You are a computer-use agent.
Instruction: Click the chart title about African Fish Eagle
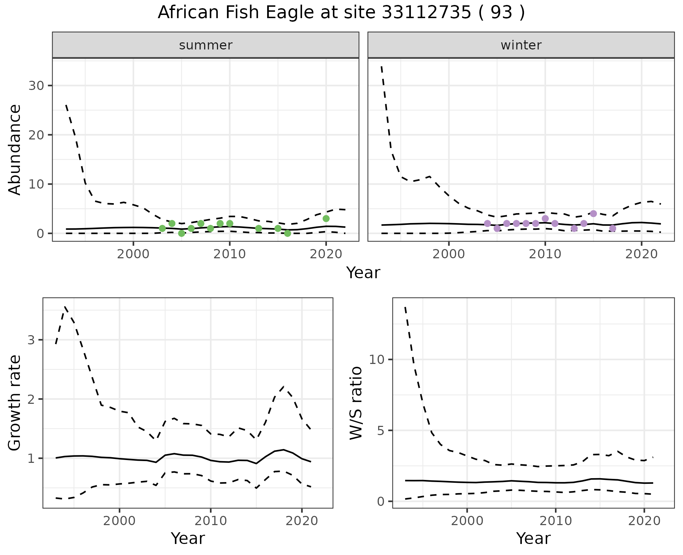tap(341, 13)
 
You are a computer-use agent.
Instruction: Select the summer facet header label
tap(206, 45)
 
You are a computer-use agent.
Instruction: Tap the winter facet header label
tap(521, 45)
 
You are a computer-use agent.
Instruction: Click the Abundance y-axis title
tap(15, 150)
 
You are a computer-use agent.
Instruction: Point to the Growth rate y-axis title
tap(15, 403)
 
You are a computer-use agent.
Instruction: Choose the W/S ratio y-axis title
tap(356, 403)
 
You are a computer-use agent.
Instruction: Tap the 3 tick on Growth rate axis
tap(31, 340)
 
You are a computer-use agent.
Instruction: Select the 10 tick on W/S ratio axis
tap(377, 359)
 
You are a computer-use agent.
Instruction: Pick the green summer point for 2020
tap(326, 218)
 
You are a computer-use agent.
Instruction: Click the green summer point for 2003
tap(162, 228)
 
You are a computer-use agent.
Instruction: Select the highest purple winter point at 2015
tap(593, 213)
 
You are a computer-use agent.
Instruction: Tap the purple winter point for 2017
tap(613, 228)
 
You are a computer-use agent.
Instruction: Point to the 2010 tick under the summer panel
tap(229, 254)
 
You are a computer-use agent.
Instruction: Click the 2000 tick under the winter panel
tap(449, 254)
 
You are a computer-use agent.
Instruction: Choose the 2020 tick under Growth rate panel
tap(302, 521)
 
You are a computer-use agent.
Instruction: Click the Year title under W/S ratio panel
tap(533, 538)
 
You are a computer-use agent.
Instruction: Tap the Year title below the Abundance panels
tap(363, 273)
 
